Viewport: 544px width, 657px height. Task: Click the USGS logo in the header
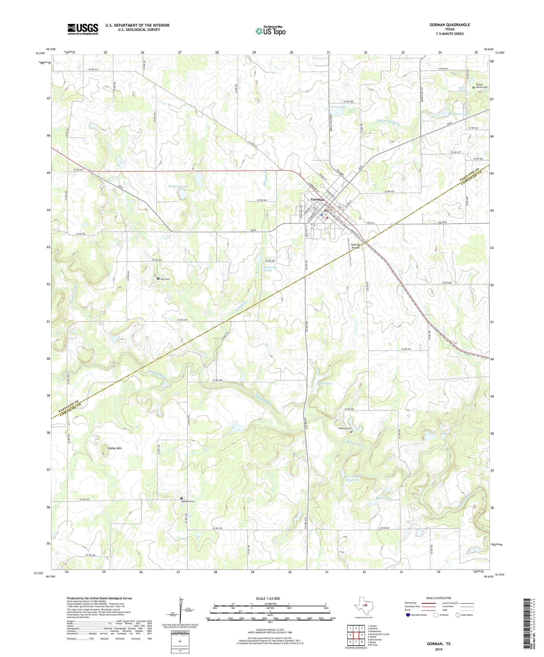pos(83,29)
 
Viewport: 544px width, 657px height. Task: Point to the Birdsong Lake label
pos(176,186)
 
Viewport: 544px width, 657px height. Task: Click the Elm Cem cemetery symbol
pos(158,278)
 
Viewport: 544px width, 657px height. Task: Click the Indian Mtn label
pos(114,448)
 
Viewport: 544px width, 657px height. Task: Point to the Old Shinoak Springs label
pos(269,268)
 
